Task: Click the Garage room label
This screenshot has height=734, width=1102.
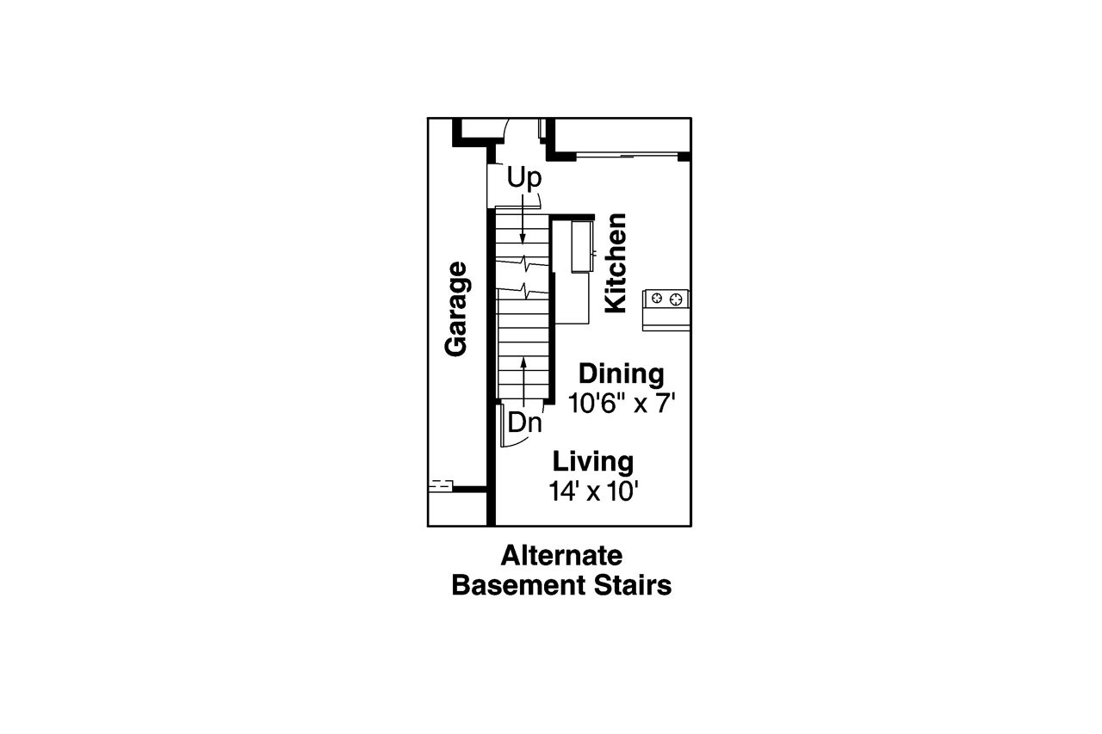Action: [x=456, y=308]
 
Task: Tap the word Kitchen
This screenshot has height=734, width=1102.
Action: [x=616, y=263]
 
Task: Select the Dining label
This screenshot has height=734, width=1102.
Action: [x=621, y=374]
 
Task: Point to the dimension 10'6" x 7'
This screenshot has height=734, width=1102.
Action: [x=618, y=403]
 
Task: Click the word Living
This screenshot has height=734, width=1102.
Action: [x=593, y=461]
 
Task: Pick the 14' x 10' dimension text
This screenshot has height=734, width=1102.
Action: [x=597, y=490]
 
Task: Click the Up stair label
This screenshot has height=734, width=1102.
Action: [x=523, y=178]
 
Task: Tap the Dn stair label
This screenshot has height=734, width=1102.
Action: [x=524, y=423]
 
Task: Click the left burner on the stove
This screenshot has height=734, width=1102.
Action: [x=658, y=299]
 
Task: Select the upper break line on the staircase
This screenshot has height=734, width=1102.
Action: [x=523, y=260]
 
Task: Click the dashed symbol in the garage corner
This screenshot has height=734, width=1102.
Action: [x=440, y=485]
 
